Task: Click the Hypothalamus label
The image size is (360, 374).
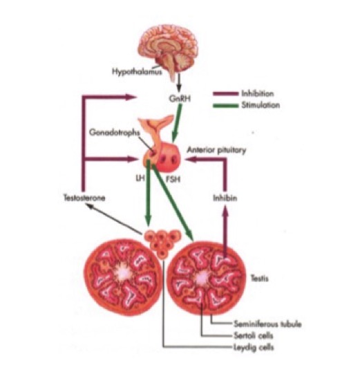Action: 137,72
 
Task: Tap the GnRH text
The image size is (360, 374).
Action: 180,98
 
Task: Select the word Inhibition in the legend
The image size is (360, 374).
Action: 258,93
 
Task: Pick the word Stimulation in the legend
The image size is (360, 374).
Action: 260,105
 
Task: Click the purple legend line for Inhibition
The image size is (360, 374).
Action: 226,94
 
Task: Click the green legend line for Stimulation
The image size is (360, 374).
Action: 226,106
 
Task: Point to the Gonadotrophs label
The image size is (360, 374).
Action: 115,132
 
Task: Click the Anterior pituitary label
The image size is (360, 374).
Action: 216,150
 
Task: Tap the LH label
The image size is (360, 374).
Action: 140,178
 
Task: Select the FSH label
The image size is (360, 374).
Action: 173,179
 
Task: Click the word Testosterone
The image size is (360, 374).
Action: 84,198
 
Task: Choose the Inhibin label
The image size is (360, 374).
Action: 225,198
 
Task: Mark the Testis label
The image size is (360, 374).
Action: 260,279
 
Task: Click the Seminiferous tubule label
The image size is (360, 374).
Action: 267,324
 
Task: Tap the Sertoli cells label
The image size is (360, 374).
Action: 254,335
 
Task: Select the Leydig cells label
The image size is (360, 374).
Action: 254,347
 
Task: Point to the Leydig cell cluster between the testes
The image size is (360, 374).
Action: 162,243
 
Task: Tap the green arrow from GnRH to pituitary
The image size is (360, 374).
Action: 178,123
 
